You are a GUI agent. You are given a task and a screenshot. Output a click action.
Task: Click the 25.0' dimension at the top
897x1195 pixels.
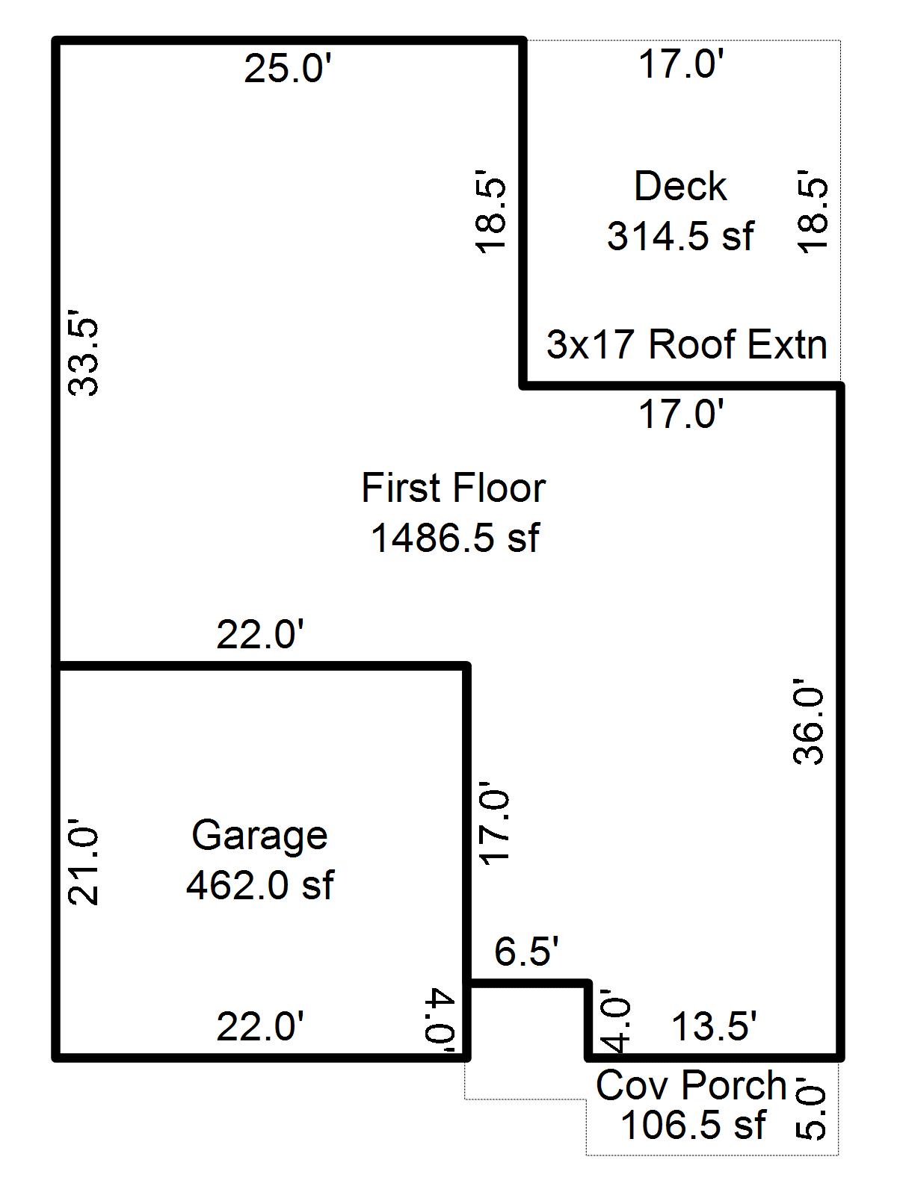pos(287,70)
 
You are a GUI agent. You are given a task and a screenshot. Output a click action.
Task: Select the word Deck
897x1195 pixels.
pos(679,187)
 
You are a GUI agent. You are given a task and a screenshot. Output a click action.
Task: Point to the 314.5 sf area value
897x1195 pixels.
pos(680,237)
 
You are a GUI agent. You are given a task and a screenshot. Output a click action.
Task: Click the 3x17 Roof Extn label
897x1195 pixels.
pos(687,345)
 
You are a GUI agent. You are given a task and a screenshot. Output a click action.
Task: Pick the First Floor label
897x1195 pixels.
pos(454,488)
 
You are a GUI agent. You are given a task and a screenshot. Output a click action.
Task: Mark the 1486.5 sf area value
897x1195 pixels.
pos(454,538)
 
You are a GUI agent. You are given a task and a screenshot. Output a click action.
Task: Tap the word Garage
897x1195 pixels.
pos(259,835)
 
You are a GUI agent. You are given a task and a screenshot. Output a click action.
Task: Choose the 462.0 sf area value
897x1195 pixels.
pos(259,886)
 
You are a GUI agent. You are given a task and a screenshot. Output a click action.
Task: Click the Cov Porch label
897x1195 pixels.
pos(691,1085)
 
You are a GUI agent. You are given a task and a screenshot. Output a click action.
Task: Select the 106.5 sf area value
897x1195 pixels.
pos(693,1125)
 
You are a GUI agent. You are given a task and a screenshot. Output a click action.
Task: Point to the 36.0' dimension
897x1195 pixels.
pos(808,721)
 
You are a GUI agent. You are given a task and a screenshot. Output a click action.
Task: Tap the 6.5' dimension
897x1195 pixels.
pos(526,952)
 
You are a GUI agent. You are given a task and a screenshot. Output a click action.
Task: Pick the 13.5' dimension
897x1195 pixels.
pos(715,1027)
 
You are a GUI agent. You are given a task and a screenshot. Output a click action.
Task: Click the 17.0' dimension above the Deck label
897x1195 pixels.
pos(680,63)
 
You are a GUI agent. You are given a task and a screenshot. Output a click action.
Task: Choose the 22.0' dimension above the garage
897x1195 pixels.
pos(260,636)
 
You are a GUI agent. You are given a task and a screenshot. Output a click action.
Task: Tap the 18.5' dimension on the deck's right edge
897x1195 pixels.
pos(813,215)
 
